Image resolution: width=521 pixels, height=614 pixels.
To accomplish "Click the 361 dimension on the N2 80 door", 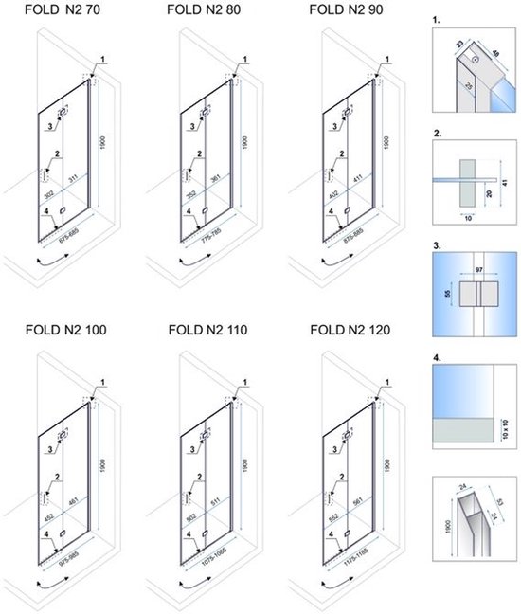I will pyautogui.click(x=217, y=177).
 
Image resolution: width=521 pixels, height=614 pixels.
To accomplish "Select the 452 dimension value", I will pyautogui.click(x=47, y=518).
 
